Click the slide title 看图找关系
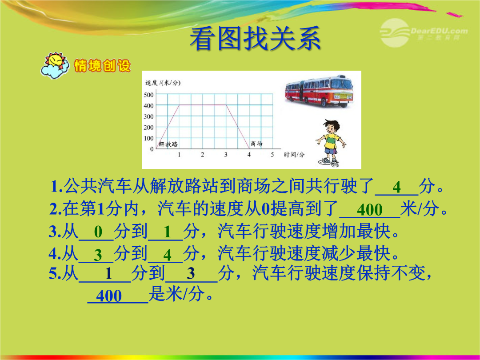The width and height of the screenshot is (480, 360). [x=255, y=39]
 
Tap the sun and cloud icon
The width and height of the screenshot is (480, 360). [x=55, y=65]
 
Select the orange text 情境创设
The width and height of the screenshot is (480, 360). [x=102, y=66]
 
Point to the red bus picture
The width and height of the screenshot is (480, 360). [x=319, y=92]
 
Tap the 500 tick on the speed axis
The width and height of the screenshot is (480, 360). [x=148, y=95]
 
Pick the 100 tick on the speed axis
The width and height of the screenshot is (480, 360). [x=148, y=138]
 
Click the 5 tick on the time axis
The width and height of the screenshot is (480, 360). [x=272, y=155]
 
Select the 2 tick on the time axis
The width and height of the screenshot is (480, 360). [x=202, y=155]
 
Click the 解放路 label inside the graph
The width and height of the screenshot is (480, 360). [x=168, y=144]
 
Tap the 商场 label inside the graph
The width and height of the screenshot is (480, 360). [x=256, y=144]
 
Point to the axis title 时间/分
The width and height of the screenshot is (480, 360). [x=294, y=155]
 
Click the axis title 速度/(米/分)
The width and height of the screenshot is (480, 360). [x=163, y=83]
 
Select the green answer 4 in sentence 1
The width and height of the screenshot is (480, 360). [x=397, y=187]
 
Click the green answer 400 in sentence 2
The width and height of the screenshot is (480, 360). [x=370, y=210]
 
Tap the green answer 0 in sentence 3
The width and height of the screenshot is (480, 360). [x=98, y=232]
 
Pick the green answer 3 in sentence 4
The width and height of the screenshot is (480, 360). [x=98, y=255]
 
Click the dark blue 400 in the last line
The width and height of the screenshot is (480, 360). [x=109, y=296]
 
